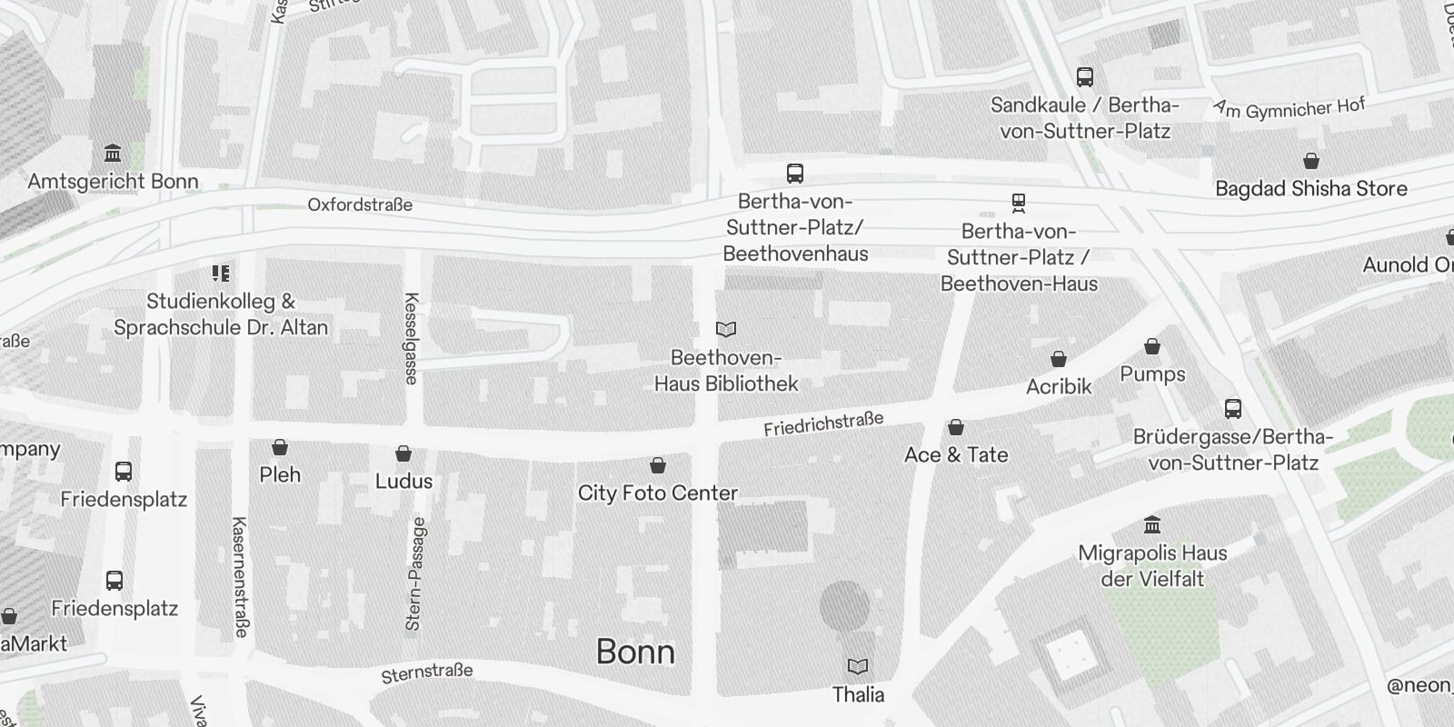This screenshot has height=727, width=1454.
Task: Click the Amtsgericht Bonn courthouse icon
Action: tap(113, 153)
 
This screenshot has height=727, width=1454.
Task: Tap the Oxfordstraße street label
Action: tap(360, 204)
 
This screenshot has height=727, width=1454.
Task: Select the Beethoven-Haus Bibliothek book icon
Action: tap(726, 329)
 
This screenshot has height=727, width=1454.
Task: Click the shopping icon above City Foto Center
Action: tap(658, 465)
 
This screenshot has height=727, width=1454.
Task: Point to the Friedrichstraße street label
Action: tap(823, 423)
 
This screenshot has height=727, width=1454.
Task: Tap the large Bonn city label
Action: tap(635, 652)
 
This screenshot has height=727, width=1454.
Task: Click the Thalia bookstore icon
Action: tap(857, 667)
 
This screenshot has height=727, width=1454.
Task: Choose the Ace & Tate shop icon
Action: tap(956, 427)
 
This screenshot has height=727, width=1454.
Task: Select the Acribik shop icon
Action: tap(1059, 359)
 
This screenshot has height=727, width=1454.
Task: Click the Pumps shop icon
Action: tap(1152, 346)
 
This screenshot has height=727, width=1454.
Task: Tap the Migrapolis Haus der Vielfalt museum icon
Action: tap(1152, 524)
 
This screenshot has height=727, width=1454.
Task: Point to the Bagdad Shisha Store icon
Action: tap(1310, 161)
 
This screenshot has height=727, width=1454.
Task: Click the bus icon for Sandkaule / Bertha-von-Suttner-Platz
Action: tap(1085, 77)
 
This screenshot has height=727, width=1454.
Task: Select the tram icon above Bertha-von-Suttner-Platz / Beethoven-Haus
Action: tap(1018, 203)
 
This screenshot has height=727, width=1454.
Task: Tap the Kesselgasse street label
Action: tap(412, 338)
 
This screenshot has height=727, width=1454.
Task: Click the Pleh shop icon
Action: tap(280, 447)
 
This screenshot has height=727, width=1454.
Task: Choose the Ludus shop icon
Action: tap(403, 453)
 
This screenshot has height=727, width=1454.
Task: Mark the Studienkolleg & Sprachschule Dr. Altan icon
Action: tap(220, 273)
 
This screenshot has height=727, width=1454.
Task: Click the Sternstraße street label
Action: tap(427, 672)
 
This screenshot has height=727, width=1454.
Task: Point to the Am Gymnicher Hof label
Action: tap(1289, 109)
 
